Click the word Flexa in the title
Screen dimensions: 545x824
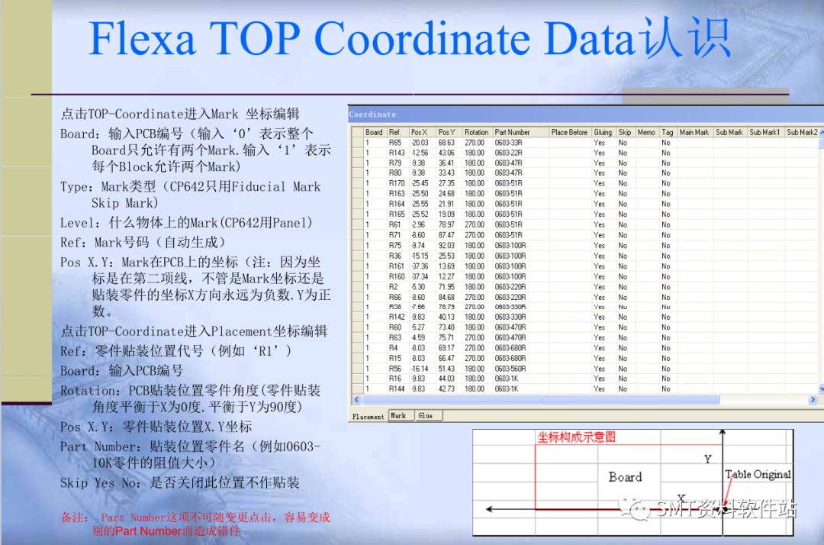142,38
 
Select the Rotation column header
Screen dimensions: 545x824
476,132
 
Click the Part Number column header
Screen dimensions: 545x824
512,132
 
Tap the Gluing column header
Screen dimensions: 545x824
603,132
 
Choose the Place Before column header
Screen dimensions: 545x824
569,132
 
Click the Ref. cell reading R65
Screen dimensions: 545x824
394,143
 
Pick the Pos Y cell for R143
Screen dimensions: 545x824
446,153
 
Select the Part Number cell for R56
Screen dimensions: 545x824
510,369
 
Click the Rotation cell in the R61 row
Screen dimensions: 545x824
475,224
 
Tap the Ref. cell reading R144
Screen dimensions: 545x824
397,389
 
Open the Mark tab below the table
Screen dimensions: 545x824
398,416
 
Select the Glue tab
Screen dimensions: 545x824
425,416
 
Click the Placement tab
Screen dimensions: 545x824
368,417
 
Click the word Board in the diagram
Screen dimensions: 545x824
625,477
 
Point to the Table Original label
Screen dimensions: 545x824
758,474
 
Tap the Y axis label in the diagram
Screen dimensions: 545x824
707,459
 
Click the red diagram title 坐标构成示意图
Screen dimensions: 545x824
576,437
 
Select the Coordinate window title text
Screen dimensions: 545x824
372,114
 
